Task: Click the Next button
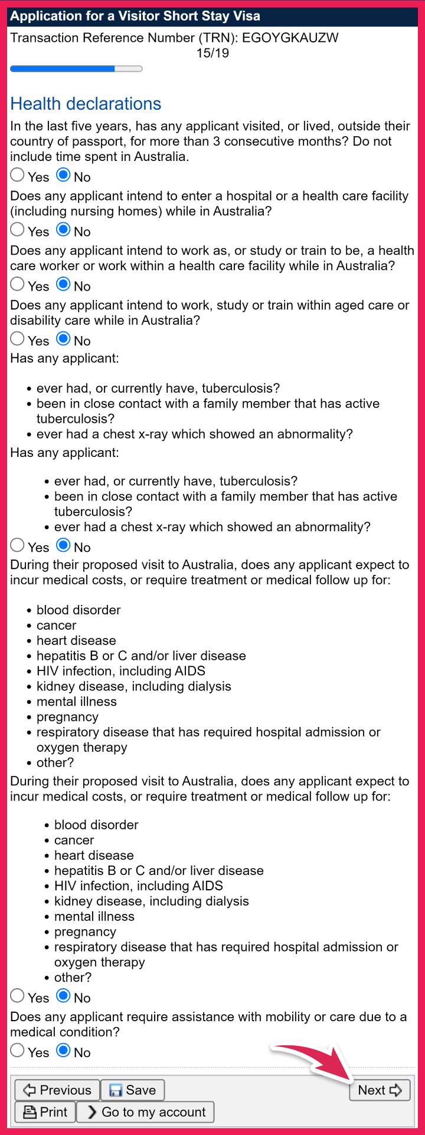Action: point(380,1090)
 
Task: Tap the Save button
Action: point(132,1090)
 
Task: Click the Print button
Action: point(45,1112)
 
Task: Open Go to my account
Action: point(145,1112)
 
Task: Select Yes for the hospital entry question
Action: point(18,230)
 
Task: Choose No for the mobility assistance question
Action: point(64,1051)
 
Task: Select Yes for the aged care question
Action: point(18,339)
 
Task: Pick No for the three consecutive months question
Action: point(64,175)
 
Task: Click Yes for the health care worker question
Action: point(18,285)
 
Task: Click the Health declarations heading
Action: point(86,104)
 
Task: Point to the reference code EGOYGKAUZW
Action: point(290,38)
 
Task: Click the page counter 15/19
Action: point(212,54)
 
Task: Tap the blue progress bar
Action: point(63,69)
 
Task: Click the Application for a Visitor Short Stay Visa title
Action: point(135,17)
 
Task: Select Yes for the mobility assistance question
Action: point(18,1051)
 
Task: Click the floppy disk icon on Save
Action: point(116,1091)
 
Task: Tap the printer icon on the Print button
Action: point(30,1112)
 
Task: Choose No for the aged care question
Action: point(64,339)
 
